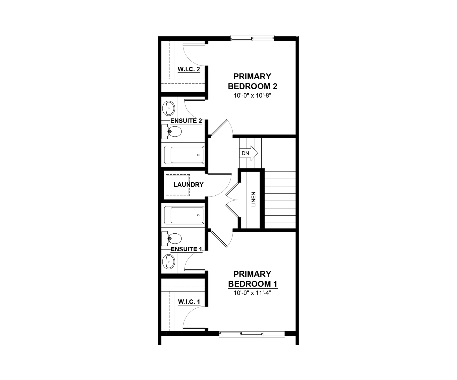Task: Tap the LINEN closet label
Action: (253, 199)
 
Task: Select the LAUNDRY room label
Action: (188, 185)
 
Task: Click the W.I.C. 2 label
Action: (189, 69)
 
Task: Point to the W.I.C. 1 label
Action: (189, 302)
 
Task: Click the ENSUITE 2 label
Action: (186, 121)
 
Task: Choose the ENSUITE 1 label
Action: (186, 249)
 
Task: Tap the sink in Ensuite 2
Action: (168, 108)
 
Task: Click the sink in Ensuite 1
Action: (168, 262)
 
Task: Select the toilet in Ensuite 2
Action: (171, 131)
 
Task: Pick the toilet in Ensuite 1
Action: (171, 239)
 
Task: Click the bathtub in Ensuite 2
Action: (184, 155)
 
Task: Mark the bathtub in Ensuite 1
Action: (184, 215)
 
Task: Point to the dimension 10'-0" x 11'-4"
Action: (252, 293)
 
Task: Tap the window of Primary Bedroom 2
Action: (252, 38)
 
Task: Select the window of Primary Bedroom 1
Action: (252, 334)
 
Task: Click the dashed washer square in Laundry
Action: (178, 185)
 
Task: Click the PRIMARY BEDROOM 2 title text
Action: (253, 81)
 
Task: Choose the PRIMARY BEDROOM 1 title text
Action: (253, 279)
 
